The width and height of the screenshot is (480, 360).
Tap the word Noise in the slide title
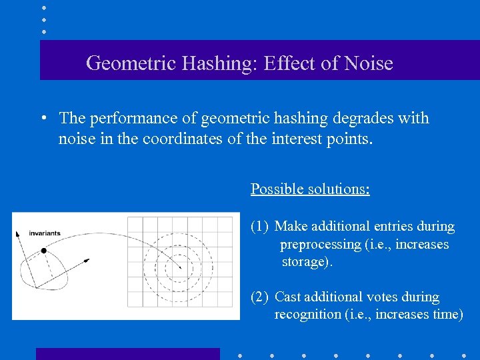369,64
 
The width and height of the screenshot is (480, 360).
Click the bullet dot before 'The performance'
42,119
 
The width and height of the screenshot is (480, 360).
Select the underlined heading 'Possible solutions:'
310,189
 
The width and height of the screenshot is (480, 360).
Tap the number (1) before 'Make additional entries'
260,227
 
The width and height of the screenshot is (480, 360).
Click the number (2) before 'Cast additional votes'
260,297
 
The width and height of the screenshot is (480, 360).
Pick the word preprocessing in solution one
321,244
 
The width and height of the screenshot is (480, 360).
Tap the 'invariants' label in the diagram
45,233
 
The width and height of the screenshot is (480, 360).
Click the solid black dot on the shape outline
43,251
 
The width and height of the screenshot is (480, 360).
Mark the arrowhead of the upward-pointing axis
19,234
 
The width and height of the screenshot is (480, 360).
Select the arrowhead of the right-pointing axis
87,260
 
